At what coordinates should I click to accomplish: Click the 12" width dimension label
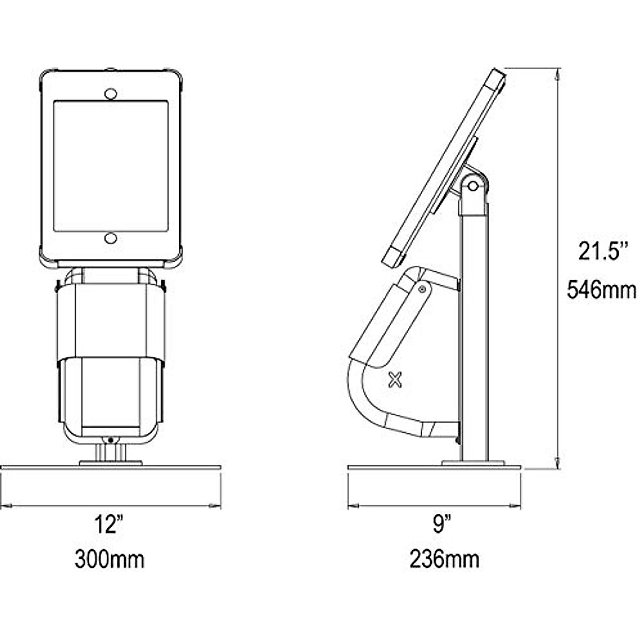click(109, 525)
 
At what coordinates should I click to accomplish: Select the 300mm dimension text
click(109, 559)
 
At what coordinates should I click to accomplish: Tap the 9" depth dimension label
click(443, 524)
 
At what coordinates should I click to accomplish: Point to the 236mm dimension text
click(444, 559)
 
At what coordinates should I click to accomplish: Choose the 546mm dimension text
click(602, 289)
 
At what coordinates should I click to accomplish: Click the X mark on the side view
click(395, 380)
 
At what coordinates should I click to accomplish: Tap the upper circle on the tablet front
click(110, 94)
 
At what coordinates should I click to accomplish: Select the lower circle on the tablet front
click(110, 238)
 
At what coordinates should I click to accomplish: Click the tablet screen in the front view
click(111, 166)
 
